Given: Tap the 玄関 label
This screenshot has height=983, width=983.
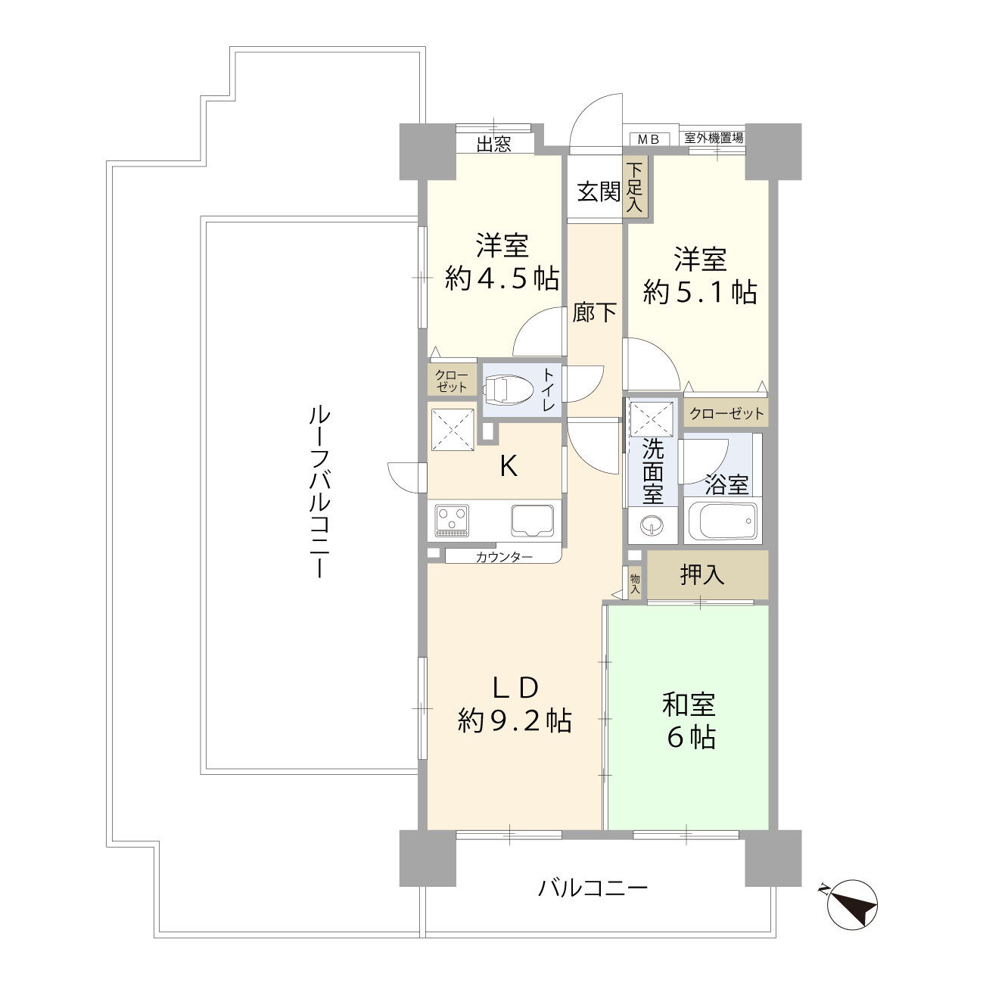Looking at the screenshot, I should (x=599, y=192).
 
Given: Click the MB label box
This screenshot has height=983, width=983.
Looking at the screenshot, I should (x=649, y=138).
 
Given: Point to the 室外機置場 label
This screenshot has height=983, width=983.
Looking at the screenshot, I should (x=713, y=138).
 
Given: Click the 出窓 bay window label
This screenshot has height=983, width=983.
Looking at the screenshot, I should (x=493, y=144).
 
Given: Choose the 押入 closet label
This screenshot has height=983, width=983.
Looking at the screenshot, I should (x=702, y=575).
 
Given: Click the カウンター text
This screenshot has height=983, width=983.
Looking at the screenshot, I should (x=504, y=558).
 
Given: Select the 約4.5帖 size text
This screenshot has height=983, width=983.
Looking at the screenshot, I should (x=502, y=279).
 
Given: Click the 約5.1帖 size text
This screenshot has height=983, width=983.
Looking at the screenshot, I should (x=700, y=291).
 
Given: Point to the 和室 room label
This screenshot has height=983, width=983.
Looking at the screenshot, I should (x=689, y=705).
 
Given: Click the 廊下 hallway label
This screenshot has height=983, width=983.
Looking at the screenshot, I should (x=595, y=312).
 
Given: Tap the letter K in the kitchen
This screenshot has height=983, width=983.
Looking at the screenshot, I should (x=509, y=467).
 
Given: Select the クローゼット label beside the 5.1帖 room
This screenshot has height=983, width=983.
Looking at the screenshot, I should (x=726, y=414).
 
